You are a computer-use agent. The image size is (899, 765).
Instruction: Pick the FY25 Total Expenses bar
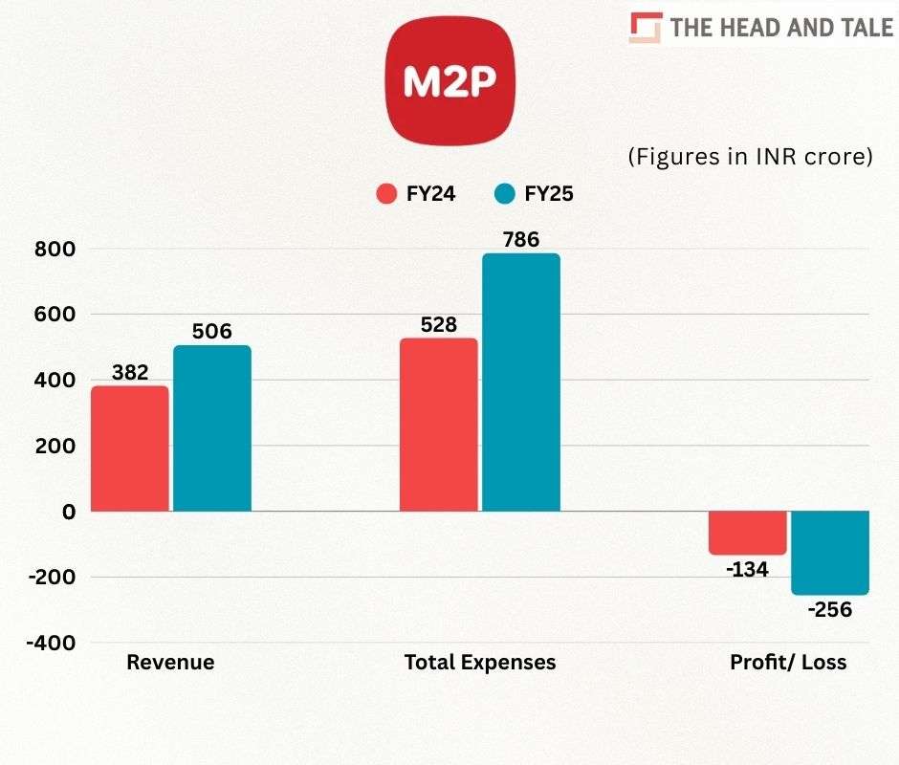click(521, 382)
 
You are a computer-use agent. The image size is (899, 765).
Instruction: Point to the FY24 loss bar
click(748, 533)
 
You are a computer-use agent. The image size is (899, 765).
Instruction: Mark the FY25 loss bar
click(830, 553)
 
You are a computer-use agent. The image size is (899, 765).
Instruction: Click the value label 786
click(521, 238)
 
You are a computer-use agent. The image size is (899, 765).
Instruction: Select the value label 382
click(130, 372)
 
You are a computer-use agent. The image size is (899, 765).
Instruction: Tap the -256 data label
click(829, 610)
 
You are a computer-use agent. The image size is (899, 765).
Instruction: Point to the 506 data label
click(212, 331)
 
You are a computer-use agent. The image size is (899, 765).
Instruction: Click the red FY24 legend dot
click(386, 194)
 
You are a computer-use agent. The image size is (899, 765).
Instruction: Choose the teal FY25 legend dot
click(505, 194)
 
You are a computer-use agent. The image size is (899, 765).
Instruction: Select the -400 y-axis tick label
click(52, 643)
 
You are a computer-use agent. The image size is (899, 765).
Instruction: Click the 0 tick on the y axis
click(68, 512)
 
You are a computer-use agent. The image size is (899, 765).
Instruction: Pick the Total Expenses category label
click(480, 662)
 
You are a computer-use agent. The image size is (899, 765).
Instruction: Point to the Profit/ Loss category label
click(788, 662)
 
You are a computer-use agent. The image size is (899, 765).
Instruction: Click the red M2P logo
click(449, 81)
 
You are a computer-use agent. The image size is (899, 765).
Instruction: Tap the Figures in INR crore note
click(750, 157)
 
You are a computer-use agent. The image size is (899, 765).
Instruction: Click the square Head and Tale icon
click(646, 27)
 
